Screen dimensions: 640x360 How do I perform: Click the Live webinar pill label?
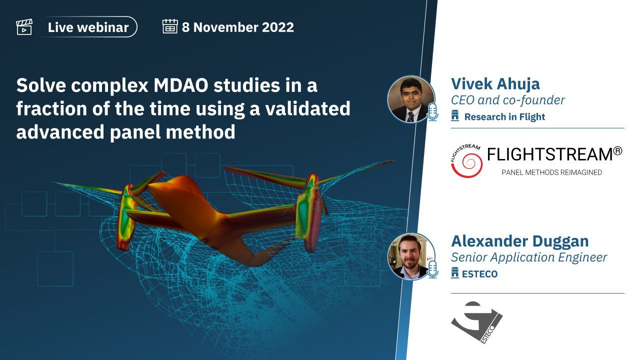pyautogui.click(x=88, y=27)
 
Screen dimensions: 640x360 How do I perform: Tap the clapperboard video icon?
pyautogui.click(x=24, y=27)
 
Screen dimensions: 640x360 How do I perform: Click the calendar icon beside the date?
pyautogui.click(x=170, y=26)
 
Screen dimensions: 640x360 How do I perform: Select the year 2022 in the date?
pyautogui.click(x=277, y=27)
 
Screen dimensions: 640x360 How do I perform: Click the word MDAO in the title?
pyautogui.click(x=181, y=85)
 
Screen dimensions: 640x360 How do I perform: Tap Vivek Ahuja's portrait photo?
pyautogui.click(x=411, y=99)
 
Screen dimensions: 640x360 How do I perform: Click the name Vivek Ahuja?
pyautogui.click(x=495, y=84)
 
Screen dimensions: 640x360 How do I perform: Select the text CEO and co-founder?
pyautogui.click(x=507, y=100)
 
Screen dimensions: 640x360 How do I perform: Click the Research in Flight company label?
pyautogui.click(x=504, y=117)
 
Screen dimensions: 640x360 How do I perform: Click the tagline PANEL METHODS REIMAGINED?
pyautogui.click(x=551, y=172)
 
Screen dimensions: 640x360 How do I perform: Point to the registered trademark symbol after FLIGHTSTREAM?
pyautogui.click(x=617, y=151)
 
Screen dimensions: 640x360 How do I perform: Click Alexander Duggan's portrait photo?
pyautogui.click(x=411, y=256)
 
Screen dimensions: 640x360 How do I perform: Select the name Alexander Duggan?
pyautogui.click(x=519, y=241)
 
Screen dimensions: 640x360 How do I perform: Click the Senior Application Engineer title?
pyautogui.click(x=529, y=257)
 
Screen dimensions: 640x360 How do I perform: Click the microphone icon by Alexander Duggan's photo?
pyautogui.click(x=432, y=269)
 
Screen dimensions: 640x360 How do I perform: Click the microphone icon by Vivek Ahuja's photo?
pyautogui.click(x=432, y=112)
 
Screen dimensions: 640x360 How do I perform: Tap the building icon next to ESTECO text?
pyautogui.click(x=455, y=273)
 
